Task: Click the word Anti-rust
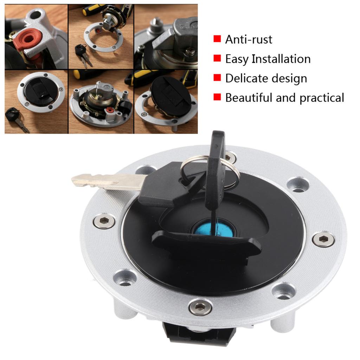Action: (249, 39)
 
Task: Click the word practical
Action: (322, 98)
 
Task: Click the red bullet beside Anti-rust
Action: (217, 39)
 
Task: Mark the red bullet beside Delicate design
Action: (217, 78)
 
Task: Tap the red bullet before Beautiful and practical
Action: (217, 97)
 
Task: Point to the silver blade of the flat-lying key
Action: (105, 181)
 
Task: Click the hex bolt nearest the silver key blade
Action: (104, 221)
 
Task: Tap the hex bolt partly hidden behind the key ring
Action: (230, 157)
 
